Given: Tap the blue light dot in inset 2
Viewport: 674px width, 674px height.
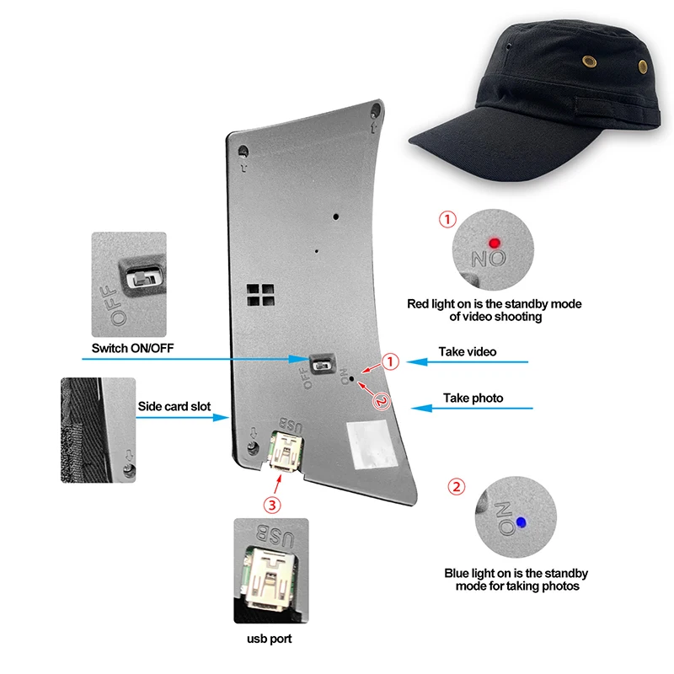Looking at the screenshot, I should pos(522,523).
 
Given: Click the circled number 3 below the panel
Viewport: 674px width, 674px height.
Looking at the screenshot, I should pos(271,505).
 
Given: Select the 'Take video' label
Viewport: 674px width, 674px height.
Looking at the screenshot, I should pos(468,351).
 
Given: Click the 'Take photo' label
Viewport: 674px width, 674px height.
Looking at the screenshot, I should pos(473,398).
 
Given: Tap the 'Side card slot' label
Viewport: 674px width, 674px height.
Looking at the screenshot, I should pos(174,406).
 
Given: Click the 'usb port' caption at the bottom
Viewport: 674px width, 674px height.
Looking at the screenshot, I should pos(270,639).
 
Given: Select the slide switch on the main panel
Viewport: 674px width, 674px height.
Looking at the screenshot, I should pos(319,365).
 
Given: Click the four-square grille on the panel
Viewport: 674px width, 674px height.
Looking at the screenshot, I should pos(259,294).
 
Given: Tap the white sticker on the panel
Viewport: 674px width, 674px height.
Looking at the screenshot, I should pos(367,444).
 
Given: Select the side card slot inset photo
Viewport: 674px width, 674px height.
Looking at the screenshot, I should pos(97,430).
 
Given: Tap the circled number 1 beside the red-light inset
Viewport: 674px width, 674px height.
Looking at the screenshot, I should pos(447,220).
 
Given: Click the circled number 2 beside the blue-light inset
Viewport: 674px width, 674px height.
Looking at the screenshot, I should pos(456,487).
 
